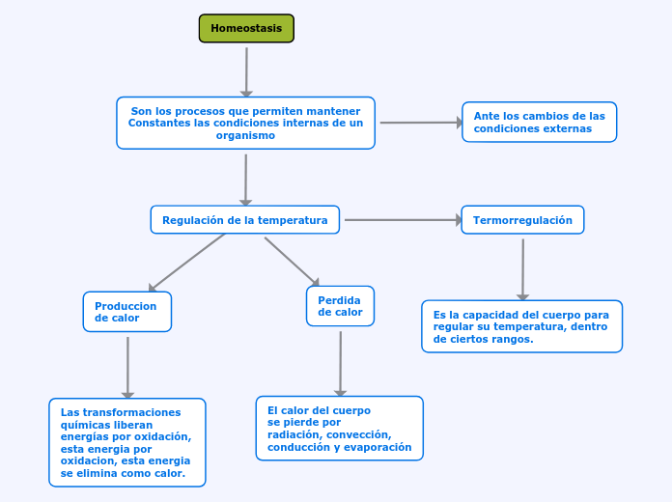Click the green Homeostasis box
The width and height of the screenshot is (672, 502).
(246, 29)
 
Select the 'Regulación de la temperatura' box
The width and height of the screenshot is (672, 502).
(245, 220)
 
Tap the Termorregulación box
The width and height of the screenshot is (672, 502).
(522, 220)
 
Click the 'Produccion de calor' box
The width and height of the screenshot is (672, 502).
(126, 312)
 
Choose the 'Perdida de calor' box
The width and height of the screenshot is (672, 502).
(340, 306)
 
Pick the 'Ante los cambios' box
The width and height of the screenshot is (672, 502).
(539, 123)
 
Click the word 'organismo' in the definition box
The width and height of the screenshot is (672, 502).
(245, 135)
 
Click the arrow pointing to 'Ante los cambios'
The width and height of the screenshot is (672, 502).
(420, 123)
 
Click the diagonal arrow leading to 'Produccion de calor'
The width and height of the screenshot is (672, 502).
(187, 262)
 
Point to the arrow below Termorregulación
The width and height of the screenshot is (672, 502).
(522, 269)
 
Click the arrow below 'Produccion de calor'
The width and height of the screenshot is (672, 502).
(127, 367)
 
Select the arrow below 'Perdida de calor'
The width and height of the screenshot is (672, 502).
(340, 363)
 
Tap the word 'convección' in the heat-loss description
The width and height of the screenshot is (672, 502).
(360, 435)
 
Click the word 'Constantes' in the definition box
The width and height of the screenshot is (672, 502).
(159, 123)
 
